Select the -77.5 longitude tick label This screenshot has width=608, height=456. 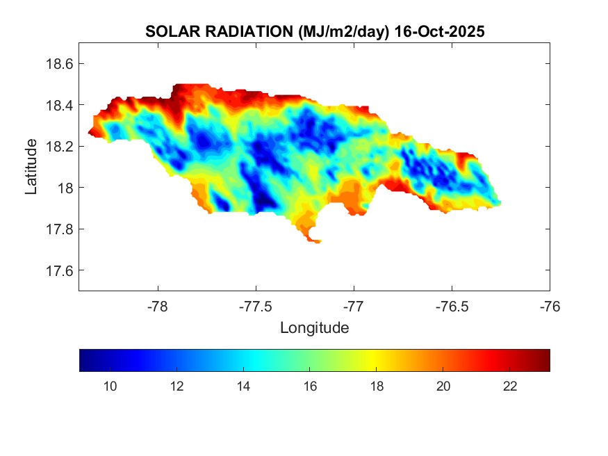[256, 306]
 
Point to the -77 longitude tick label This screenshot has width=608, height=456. [354, 306]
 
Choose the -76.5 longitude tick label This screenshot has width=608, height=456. [452, 306]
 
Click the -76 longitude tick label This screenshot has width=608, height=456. [550, 306]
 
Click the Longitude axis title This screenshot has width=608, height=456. [314, 327]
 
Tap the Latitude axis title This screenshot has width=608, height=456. [31, 167]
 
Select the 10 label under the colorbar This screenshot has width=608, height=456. [109, 387]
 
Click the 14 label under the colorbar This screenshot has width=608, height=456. [243, 387]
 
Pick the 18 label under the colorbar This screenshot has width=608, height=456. [377, 387]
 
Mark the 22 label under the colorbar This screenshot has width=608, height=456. [510, 387]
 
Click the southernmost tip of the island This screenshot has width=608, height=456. [317, 243]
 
